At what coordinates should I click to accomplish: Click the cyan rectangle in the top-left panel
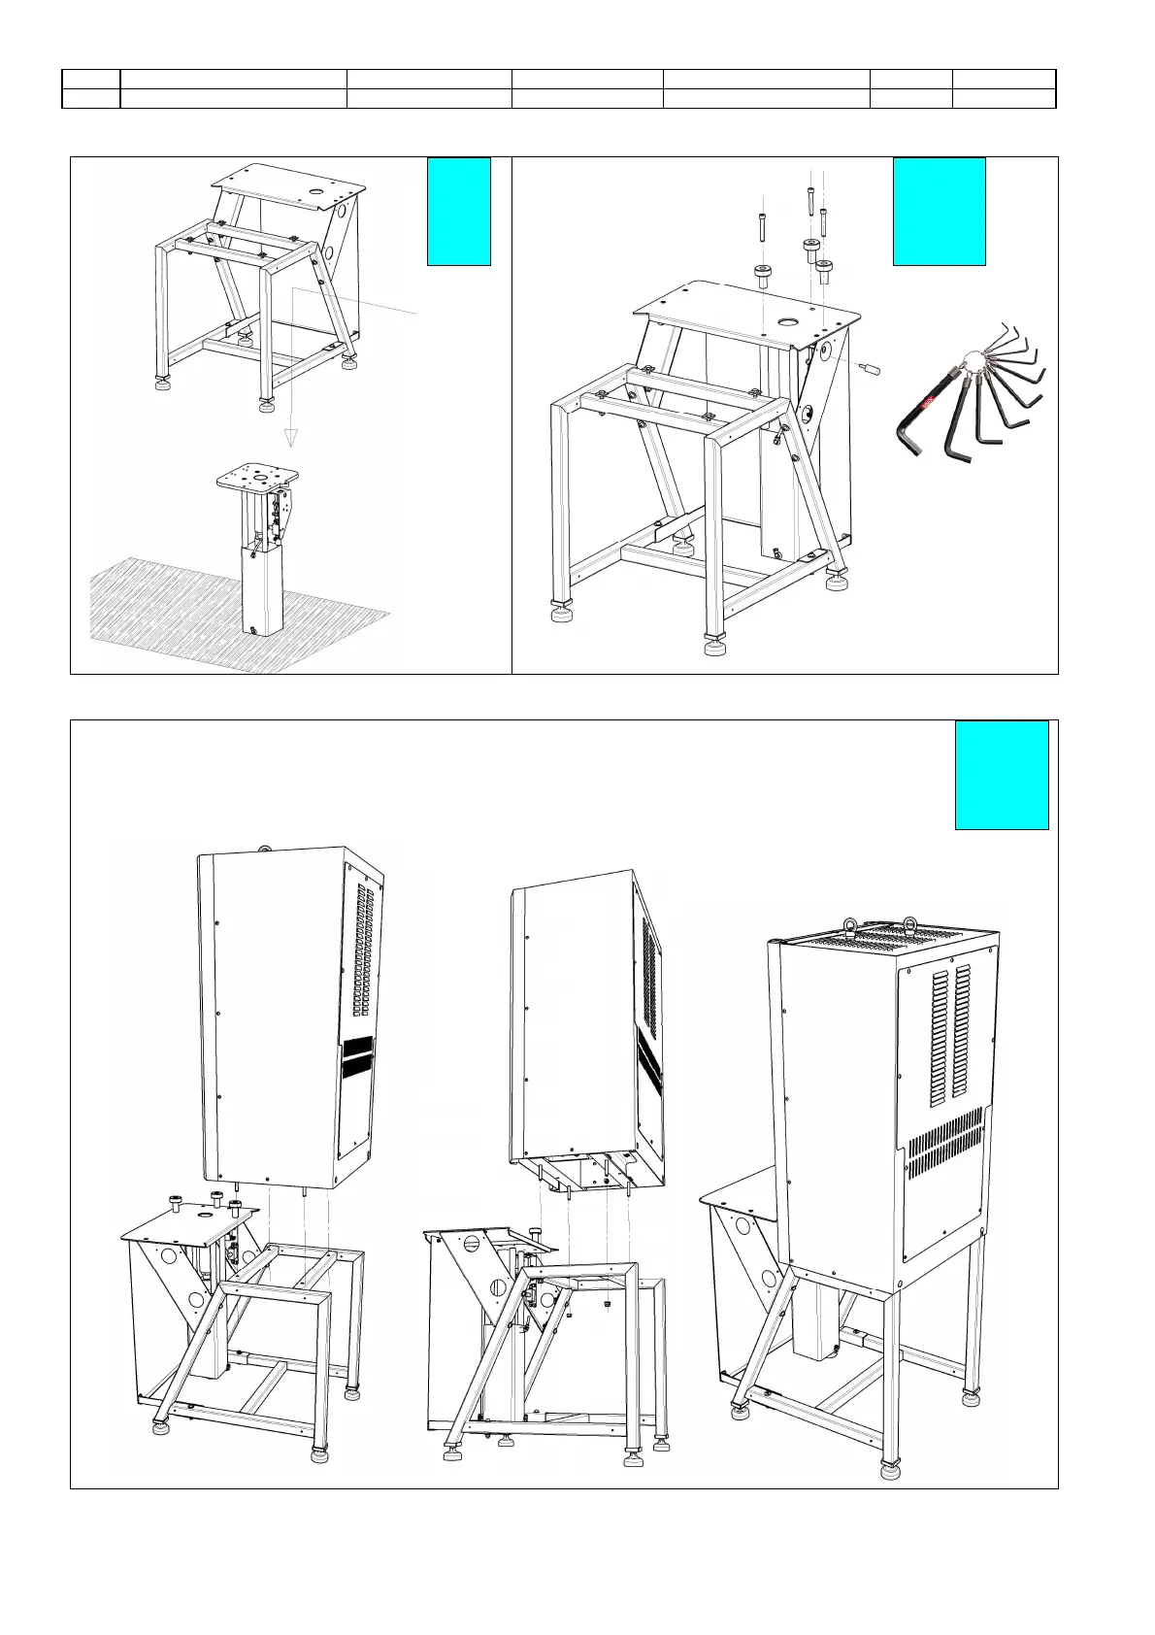point(458,211)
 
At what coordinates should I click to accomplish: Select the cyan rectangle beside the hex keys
point(939,211)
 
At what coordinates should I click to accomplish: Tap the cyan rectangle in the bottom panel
point(1001,774)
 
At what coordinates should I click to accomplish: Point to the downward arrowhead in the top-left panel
point(290,436)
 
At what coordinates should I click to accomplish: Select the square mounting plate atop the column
point(256,478)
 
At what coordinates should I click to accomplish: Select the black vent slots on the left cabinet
point(356,1059)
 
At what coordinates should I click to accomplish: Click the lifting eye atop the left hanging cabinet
point(262,849)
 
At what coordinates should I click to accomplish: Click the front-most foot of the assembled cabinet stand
point(889,1469)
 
